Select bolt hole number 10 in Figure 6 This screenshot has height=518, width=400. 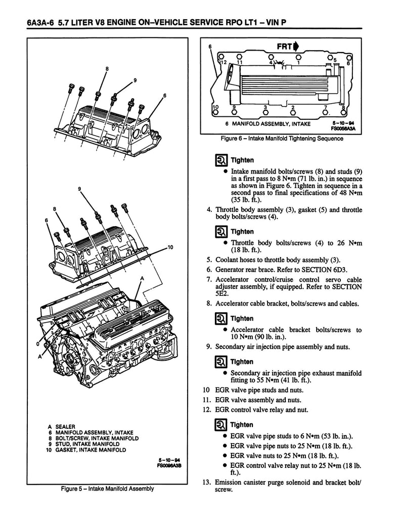(216, 114)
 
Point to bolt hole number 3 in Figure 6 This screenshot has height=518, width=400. (265, 114)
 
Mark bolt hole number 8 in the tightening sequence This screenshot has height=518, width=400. (343, 114)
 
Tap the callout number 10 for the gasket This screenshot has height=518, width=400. (170, 247)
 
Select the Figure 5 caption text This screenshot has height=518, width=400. (107, 489)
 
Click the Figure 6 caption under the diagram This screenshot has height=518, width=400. (279, 140)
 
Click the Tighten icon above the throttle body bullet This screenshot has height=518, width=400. (221, 232)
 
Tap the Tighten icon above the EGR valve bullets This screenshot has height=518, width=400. (221, 425)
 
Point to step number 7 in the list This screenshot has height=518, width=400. (208, 279)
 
